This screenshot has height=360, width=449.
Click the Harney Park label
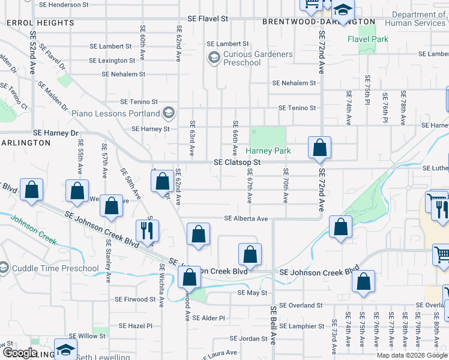click(270, 151)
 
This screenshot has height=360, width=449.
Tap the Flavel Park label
click(367, 40)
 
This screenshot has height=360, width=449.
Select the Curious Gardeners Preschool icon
click(213, 58)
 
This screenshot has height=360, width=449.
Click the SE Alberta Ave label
click(246, 219)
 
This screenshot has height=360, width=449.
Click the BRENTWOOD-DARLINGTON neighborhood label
click(319, 22)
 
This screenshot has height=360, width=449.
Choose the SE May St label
click(252, 293)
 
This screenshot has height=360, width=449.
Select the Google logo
click(20, 353)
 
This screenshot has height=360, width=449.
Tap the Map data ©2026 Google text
click(412, 355)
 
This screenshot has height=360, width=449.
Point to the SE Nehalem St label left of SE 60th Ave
click(124, 74)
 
